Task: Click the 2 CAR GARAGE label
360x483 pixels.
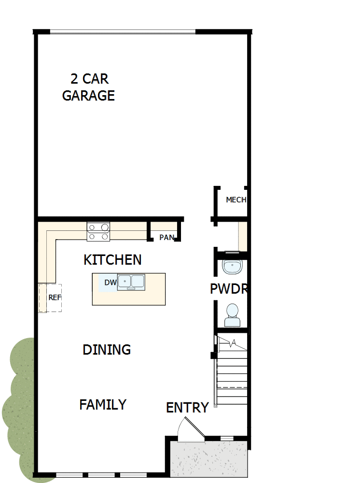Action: tap(89, 87)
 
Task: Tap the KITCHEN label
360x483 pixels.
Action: tap(112, 260)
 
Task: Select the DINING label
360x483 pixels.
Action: tap(107, 350)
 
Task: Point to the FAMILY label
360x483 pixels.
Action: tap(103, 404)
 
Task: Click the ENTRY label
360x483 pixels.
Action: tap(187, 408)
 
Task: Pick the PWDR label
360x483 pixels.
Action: tap(229, 289)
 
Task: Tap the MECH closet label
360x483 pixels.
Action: tap(236, 200)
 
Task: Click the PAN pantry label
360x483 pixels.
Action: tap(167, 238)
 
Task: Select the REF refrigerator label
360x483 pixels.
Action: tap(55, 298)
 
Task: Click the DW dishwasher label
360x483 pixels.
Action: tap(111, 283)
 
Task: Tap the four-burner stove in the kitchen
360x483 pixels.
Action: tap(98, 231)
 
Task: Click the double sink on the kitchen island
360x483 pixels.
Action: tap(131, 282)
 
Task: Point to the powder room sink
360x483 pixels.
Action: tap(232, 267)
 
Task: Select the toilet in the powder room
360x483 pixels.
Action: tap(232, 315)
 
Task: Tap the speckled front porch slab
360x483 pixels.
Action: tap(209, 459)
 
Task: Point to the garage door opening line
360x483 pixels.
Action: tap(123, 31)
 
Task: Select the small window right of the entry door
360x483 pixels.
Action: tap(227, 438)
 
